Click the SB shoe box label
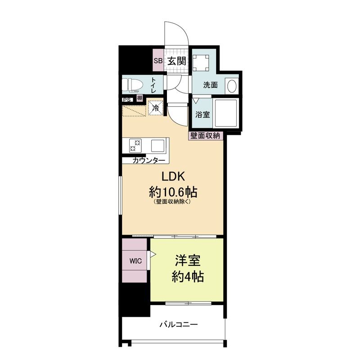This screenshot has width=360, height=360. tap(158, 61)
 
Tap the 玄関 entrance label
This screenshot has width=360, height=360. tap(176, 61)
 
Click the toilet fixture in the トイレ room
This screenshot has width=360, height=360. tap(132, 85)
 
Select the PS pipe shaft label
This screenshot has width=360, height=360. tap(127, 100)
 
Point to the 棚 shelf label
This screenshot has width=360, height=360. tap(139, 98)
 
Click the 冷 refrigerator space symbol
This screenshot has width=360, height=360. tap(156, 108)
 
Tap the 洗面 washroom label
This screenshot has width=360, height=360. tap(210, 85)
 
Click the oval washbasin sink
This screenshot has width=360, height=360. tap(232, 86)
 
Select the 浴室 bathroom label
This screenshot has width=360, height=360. tap(202, 114)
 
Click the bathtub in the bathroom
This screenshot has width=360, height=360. tap(225, 113)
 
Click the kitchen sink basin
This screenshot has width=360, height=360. tap(157, 145)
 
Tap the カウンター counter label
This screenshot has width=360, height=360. tap(149, 161)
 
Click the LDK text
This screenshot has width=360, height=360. tap(173, 176)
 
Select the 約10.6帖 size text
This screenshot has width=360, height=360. tap(173, 192)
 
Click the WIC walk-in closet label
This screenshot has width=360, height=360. tap(135, 261)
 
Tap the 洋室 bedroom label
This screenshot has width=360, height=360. tap(188, 261)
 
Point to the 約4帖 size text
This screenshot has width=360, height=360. tap(188, 277)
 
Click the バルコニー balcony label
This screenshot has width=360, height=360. tap(179, 324)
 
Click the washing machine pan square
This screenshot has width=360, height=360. tap(201, 63)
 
